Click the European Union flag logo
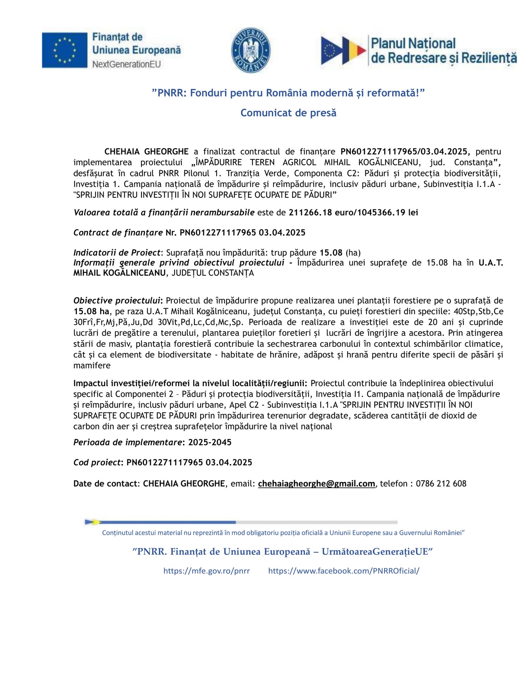pos(65,50)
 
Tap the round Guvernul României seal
pos(251,50)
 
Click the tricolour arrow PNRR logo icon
pos(343,51)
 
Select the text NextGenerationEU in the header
pos(126,64)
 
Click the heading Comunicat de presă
pos(288,113)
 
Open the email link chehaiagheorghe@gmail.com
pos(316,484)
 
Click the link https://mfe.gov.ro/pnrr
pos(206,571)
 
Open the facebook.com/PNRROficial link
pos(343,571)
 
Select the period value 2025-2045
pos(210,442)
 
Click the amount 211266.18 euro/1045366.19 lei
pos(353,212)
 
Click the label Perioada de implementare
pos(127,442)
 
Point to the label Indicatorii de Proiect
pos(117,253)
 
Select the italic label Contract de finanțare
pos(118,233)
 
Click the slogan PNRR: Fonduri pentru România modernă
pos(288,93)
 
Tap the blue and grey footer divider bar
pos(241,522)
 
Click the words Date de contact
pos(105,484)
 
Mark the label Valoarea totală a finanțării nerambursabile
pos(164,212)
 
